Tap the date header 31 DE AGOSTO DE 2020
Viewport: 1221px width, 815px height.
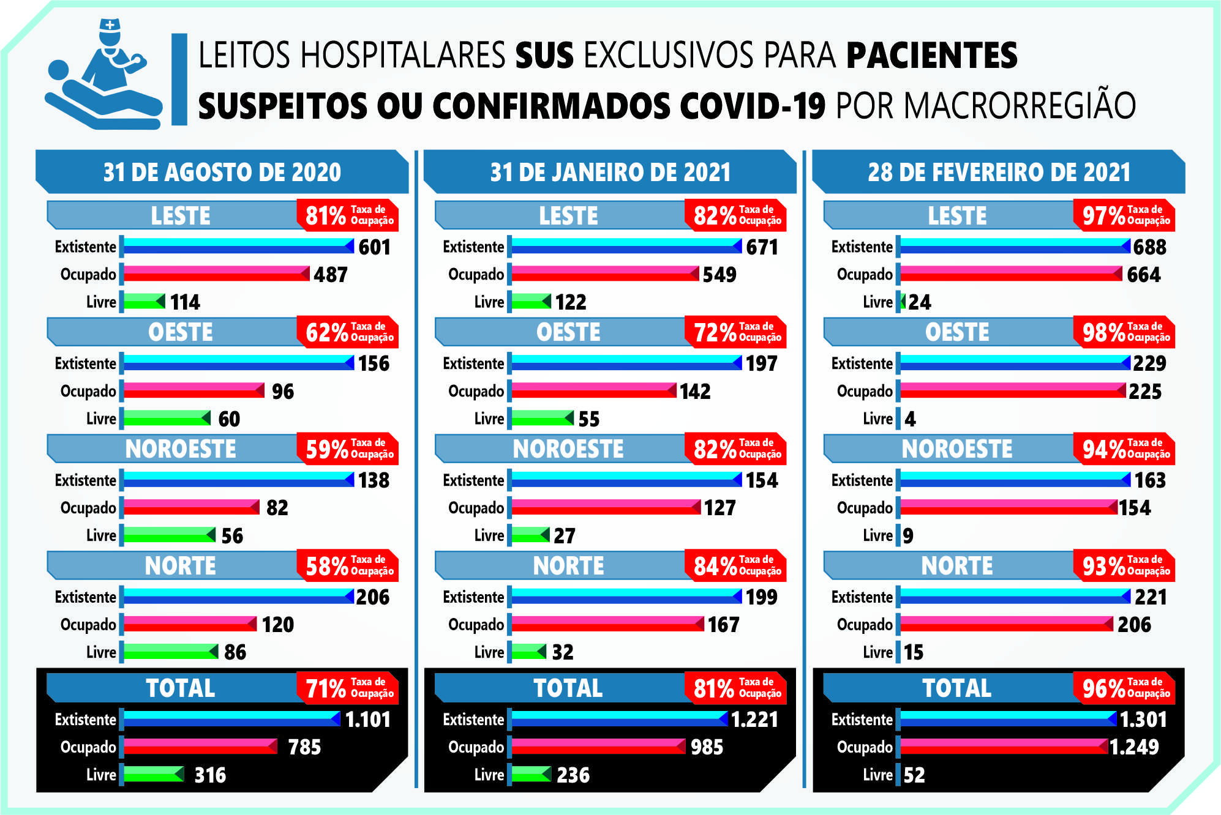222,172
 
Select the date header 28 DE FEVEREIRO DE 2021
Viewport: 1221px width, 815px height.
999,172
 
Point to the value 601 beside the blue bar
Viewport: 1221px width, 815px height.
374,247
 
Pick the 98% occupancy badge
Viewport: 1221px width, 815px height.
1124,332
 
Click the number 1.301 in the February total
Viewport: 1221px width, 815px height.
1143,719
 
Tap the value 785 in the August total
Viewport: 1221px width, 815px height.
304,747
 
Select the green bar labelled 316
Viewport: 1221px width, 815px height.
153,775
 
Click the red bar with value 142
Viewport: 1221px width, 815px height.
593,390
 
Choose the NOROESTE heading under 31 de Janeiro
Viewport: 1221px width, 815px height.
568,449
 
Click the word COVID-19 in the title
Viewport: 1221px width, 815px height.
752,106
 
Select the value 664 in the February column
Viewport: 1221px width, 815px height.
1143,275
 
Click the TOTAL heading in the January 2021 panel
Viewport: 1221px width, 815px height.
568,688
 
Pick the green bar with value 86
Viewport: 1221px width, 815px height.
171,652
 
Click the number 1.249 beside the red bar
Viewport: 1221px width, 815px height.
1134,747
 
